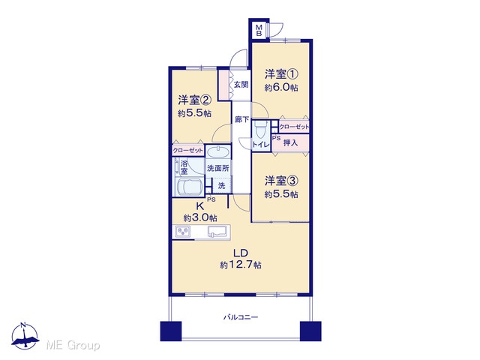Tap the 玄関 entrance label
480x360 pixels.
pos(241,84)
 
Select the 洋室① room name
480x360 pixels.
pos(281,74)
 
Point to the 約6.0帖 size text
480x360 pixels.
pos(281,88)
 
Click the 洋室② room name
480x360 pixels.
pos(194,100)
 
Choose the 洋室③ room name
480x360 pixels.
pos(281,181)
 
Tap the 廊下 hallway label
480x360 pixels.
pos(241,119)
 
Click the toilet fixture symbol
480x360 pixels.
pos(261,129)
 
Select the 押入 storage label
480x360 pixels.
pos(290,142)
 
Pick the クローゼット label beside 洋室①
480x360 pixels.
pos(294,127)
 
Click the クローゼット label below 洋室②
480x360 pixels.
pos(188,150)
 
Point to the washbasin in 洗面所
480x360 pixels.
pos(218,151)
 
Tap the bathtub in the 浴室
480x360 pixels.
pos(188,187)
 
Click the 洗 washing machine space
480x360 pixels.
pos(222,185)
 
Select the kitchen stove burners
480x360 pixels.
pos(183,231)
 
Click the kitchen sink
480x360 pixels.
pos(218,231)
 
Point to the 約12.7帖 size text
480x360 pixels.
pos(241,265)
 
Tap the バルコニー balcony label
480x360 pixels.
pos(240,317)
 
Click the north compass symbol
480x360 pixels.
pos(25,336)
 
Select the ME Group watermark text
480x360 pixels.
pos(73,345)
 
